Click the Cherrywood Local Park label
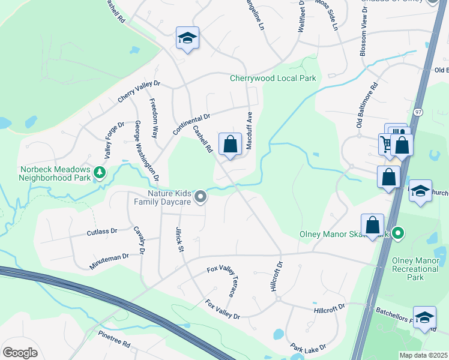click(273, 79)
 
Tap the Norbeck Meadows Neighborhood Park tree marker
click(100, 173)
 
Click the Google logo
click(20, 353)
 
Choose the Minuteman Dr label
click(109, 256)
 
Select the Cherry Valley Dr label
click(139, 92)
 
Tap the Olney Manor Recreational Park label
click(415, 269)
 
